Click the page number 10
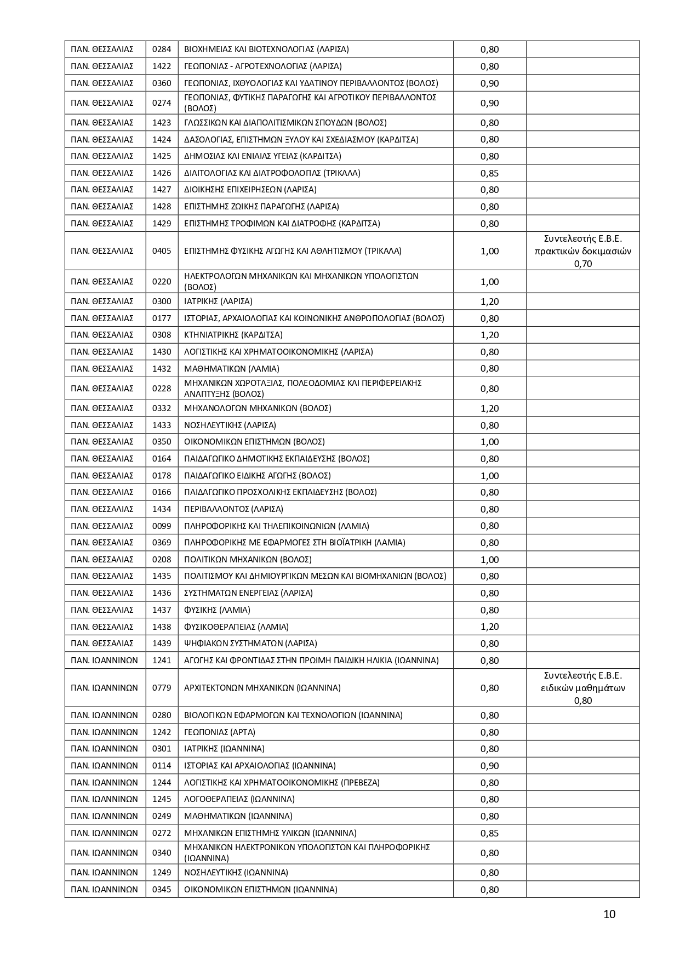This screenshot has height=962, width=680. (x=609, y=914)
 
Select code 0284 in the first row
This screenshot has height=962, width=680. (x=162, y=49)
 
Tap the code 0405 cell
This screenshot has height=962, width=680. (x=162, y=251)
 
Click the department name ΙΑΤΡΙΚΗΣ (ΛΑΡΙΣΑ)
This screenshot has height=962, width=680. (x=218, y=301)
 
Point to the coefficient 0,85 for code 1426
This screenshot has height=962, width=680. (x=489, y=173)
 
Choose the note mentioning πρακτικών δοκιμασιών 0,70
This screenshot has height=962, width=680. (x=583, y=251)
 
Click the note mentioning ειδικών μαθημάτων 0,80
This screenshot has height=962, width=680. (x=583, y=688)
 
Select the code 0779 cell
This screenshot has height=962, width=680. (x=162, y=688)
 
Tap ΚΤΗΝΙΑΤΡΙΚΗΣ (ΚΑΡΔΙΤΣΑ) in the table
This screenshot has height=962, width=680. (x=233, y=335)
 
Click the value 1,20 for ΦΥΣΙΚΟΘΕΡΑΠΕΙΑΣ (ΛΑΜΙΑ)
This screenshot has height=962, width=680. (x=489, y=627)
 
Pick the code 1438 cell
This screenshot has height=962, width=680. (x=162, y=627)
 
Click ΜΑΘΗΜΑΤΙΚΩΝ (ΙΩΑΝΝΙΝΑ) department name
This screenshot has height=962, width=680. (x=238, y=816)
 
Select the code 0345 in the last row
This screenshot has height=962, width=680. (x=162, y=890)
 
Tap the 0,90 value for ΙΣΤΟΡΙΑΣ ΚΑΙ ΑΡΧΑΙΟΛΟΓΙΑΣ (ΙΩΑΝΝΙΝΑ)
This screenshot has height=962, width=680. (x=489, y=766)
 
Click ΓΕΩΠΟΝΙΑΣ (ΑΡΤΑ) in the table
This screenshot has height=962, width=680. (x=220, y=732)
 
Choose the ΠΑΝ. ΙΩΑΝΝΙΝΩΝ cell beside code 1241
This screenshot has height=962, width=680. (x=105, y=661)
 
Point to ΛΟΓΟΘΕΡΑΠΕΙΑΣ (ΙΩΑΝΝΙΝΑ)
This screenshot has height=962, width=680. (x=239, y=799)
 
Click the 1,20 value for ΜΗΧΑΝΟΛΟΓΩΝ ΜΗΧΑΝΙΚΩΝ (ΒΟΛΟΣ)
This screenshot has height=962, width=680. (x=489, y=408)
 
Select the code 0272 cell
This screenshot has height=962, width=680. (x=162, y=833)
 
